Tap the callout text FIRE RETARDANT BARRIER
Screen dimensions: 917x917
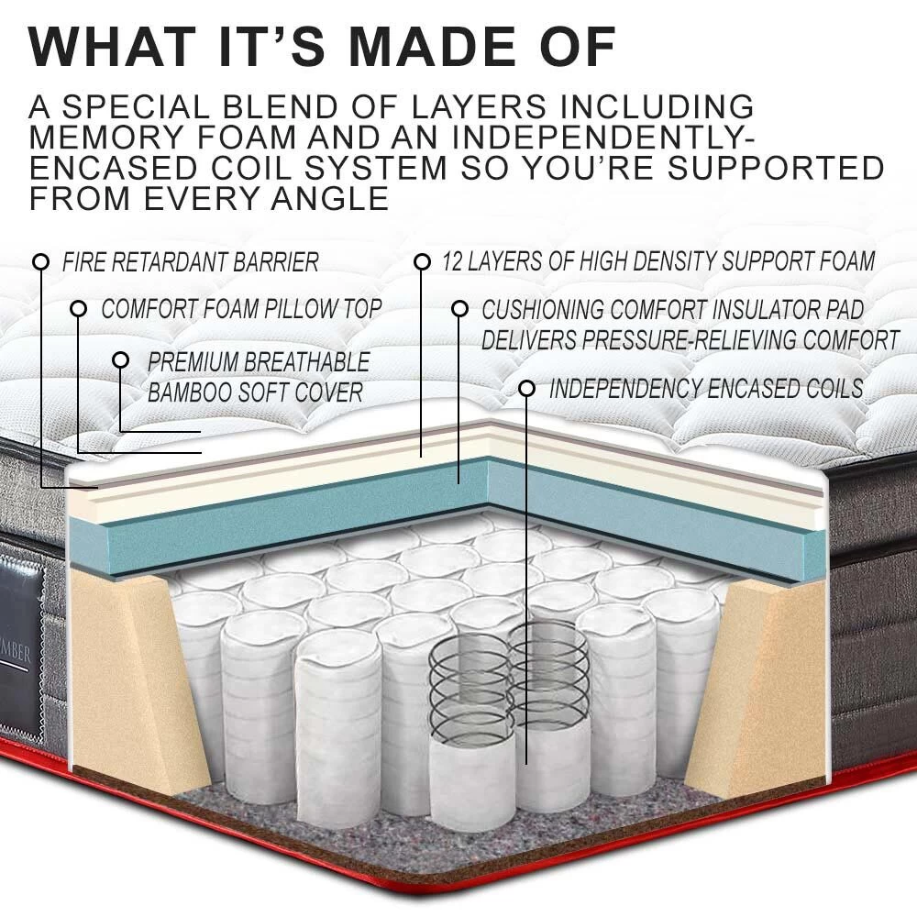[x=191, y=262]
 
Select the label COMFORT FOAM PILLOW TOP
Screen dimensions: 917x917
[x=240, y=309]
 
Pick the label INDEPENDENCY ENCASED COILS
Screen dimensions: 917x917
[x=705, y=388]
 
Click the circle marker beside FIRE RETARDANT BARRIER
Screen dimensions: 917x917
[x=40, y=262]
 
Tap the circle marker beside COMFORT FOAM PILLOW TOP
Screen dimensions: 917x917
[x=80, y=310]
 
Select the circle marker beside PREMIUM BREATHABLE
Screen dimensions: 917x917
[x=120, y=359]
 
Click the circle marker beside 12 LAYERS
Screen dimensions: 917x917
[x=422, y=262]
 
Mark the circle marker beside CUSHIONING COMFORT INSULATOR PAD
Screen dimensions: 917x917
[x=461, y=310]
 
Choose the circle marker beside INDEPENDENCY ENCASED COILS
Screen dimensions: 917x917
[x=526, y=389]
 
